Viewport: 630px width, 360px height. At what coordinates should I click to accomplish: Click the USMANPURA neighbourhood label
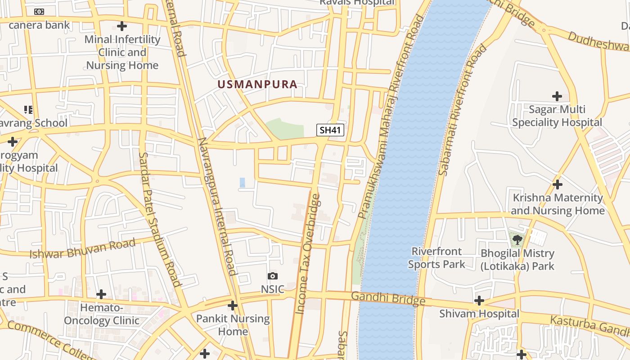257,84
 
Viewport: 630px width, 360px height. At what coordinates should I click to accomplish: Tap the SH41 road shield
330,130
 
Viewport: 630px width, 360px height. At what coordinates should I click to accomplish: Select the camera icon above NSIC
272,276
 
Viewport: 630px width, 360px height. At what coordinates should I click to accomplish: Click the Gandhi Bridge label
388,298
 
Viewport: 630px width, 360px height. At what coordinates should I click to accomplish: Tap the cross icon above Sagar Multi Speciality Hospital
557,96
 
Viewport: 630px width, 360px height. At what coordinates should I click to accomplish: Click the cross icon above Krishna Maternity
558,184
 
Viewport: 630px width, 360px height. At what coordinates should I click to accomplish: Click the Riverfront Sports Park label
436,258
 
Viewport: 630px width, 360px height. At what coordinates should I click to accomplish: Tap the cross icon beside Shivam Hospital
479,300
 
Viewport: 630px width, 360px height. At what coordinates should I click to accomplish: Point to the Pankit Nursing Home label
233,325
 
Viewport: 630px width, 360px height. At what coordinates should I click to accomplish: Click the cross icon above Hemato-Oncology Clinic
101,294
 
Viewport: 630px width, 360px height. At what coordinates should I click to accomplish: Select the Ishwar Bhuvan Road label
82,249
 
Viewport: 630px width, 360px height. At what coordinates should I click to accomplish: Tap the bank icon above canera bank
39,12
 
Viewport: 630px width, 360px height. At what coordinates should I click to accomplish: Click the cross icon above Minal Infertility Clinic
122,26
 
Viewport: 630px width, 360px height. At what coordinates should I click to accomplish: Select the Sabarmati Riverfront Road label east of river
463,110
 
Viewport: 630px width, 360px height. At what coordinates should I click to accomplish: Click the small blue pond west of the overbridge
243,182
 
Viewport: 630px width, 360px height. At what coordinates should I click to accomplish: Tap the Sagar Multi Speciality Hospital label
557,116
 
